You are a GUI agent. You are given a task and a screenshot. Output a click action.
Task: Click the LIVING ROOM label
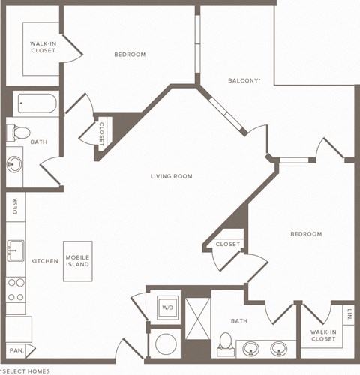(171, 176)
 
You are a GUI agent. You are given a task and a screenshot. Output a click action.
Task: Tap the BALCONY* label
(244, 80)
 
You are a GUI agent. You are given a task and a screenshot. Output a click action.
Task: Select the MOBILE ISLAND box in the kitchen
(77, 261)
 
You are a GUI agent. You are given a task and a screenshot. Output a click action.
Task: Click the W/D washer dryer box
(166, 306)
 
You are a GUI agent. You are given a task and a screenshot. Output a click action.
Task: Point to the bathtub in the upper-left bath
(35, 103)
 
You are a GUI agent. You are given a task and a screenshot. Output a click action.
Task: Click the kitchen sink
(15, 250)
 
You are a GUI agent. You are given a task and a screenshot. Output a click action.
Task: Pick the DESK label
(14, 205)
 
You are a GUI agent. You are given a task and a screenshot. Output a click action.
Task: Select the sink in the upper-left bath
(14, 164)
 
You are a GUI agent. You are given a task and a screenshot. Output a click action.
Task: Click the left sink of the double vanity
(251, 348)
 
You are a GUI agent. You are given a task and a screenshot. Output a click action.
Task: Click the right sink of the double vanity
(279, 348)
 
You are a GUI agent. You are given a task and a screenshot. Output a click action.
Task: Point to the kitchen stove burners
(15, 289)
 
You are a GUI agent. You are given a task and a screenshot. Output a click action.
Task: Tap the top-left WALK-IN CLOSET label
(43, 47)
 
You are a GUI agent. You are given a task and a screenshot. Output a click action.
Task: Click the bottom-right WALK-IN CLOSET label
(323, 334)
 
